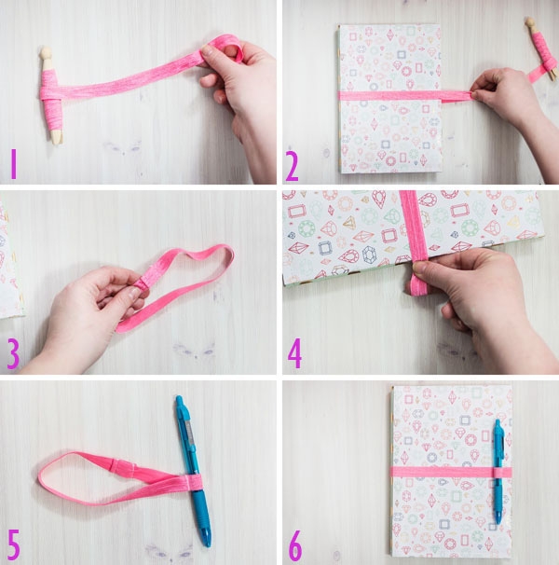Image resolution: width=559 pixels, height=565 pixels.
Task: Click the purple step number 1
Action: click(14, 164)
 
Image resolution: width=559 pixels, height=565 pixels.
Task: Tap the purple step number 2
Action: click(293, 166)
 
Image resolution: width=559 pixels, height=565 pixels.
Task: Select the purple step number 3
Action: click(13, 354)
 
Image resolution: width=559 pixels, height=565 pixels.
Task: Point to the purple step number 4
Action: click(294, 353)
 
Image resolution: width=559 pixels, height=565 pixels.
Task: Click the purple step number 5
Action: click(13, 544)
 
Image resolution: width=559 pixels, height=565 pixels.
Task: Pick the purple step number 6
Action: click(295, 545)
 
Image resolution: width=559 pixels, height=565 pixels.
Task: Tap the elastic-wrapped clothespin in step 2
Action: click(540, 48)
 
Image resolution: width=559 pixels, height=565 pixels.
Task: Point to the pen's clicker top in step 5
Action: click(179, 401)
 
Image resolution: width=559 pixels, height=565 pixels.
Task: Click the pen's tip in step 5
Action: click(207, 540)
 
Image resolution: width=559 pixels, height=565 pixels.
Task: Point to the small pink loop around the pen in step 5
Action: click(193, 483)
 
